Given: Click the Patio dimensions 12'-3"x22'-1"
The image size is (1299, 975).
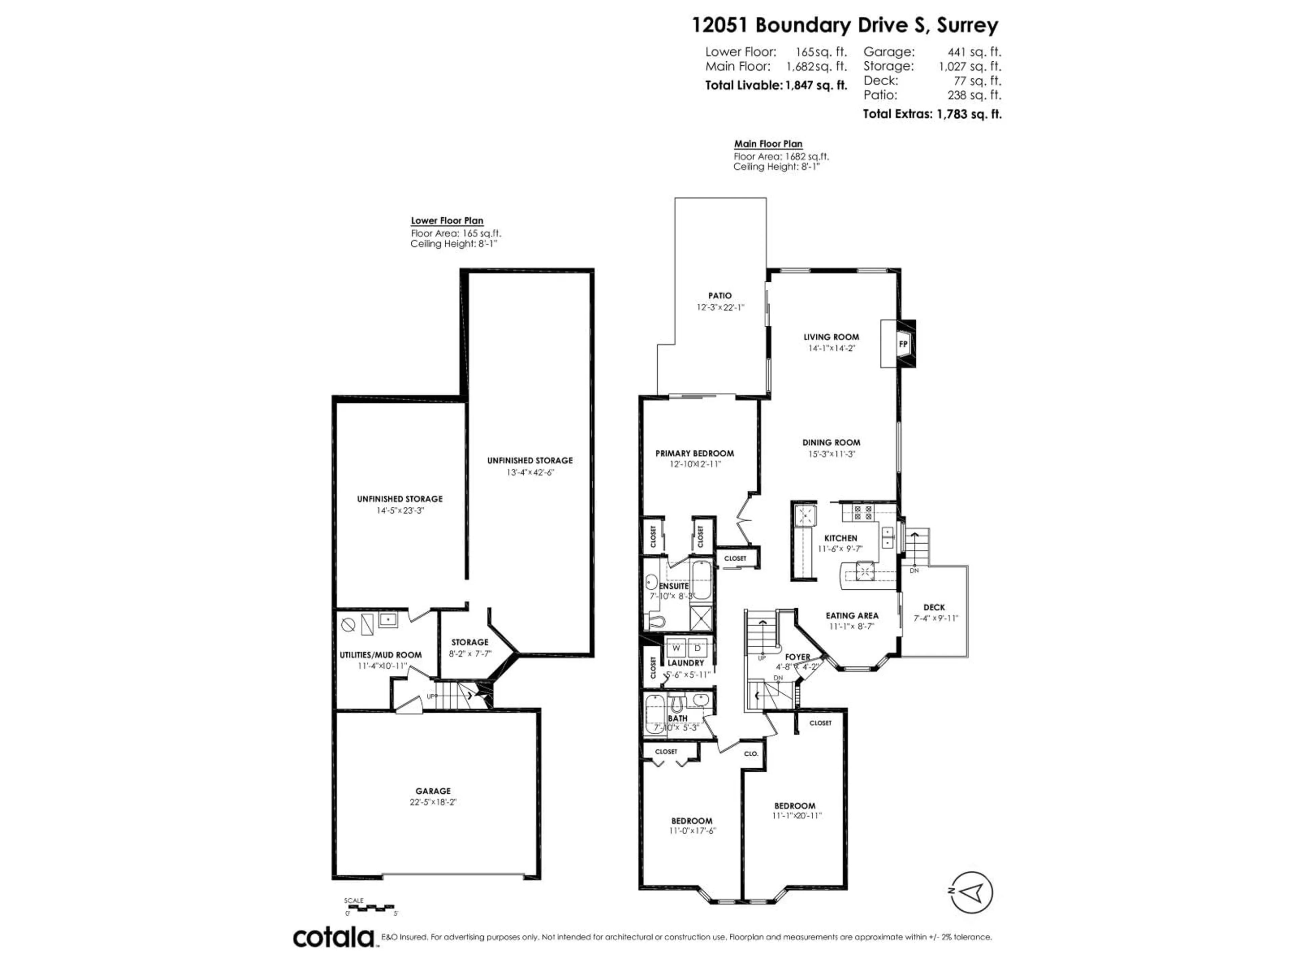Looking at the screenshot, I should click(x=720, y=307).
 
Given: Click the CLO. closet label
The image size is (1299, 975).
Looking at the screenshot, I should click(x=751, y=754).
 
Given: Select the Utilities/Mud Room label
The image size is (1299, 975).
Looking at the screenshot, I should click(x=381, y=655).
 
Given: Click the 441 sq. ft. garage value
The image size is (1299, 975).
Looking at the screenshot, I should click(x=974, y=52).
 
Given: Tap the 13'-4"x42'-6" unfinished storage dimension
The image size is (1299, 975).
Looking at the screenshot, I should click(x=530, y=472).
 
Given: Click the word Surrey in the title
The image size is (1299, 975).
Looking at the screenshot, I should click(x=967, y=25).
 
